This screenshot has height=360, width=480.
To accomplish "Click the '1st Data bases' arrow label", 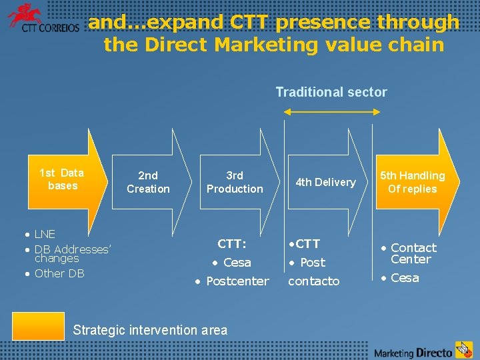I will (62, 179).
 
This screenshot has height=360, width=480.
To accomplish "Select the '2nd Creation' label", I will (148, 182).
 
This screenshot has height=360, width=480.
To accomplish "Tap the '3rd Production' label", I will (235, 182).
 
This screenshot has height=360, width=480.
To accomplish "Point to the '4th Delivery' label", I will (326, 182).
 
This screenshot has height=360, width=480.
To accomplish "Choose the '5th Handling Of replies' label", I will (412, 182).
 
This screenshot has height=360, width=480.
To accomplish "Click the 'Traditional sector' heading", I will (331, 92).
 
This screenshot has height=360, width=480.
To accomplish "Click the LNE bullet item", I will (45, 234).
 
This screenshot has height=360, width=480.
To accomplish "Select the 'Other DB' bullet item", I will (59, 273).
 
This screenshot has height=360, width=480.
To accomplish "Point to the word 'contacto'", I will (313, 281).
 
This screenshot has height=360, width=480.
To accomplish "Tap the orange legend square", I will (38, 326).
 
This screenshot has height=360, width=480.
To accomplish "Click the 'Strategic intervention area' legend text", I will (150, 329).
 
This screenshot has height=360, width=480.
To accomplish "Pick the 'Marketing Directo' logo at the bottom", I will (423, 350).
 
